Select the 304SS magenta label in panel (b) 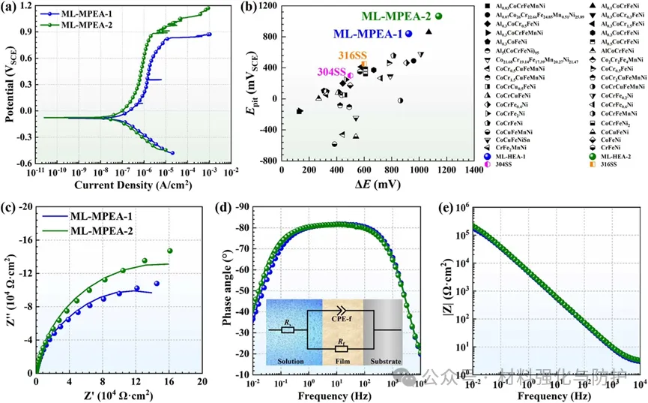330,72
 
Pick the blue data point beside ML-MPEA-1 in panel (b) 409,34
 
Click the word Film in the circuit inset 343,361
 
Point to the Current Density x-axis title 126,183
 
